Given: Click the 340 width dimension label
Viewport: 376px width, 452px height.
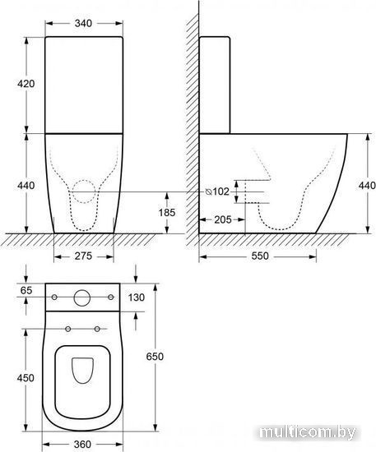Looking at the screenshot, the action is point(83,23).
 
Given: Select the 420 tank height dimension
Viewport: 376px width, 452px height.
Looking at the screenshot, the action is point(26,84).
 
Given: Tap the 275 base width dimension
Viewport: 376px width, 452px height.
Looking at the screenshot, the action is point(83,256).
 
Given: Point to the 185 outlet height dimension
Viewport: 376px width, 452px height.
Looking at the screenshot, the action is point(167,213).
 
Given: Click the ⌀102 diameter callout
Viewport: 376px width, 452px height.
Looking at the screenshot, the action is point(217,191).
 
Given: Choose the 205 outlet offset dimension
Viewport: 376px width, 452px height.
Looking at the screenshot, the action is point(222,220).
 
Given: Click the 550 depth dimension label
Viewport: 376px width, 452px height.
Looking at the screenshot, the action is point(260,256).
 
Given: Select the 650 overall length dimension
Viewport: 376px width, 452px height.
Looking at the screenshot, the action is point(155,357).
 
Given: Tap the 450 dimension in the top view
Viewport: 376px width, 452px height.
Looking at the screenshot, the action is point(26,378).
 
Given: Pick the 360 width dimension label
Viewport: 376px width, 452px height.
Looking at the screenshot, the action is point(82,445).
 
